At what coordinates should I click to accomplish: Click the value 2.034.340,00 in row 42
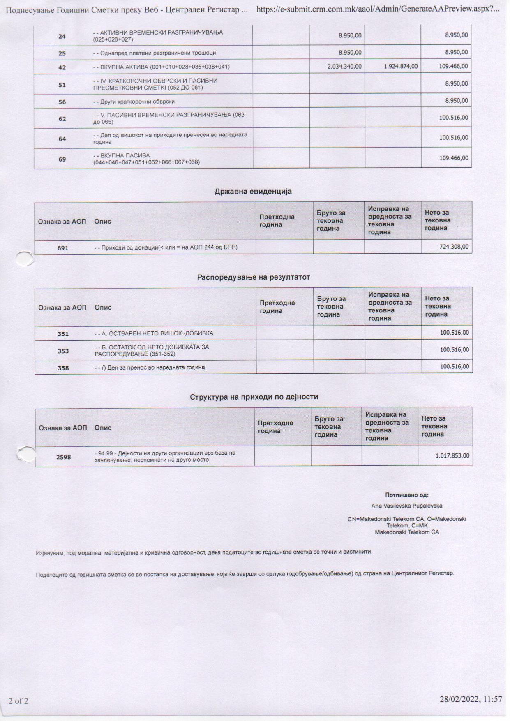click(x=344, y=67)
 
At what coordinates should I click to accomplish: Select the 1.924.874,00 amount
click(x=401, y=67)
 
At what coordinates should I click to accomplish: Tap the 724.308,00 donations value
click(x=454, y=247)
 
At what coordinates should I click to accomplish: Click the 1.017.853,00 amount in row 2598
click(x=452, y=455)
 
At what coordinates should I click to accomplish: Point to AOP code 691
click(x=63, y=248)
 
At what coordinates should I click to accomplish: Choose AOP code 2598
click(x=64, y=457)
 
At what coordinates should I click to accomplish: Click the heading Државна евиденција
click(x=253, y=191)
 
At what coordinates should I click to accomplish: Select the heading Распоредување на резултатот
click(x=254, y=277)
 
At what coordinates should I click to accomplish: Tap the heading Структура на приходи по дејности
click(x=254, y=397)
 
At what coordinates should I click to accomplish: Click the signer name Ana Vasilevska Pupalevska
click(x=406, y=506)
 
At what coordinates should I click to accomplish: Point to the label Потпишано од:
click(x=406, y=495)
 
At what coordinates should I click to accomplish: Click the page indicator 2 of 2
click(x=18, y=701)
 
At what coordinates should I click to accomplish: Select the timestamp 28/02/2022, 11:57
click(x=471, y=699)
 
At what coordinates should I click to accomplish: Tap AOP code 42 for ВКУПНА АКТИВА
click(x=62, y=67)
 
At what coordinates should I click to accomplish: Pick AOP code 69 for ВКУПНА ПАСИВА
click(x=62, y=159)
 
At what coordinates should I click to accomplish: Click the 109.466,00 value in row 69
click(x=453, y=158)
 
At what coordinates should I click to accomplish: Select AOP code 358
click(x=63, y=368)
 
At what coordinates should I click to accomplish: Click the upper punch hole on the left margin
click(x=24, y=258)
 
